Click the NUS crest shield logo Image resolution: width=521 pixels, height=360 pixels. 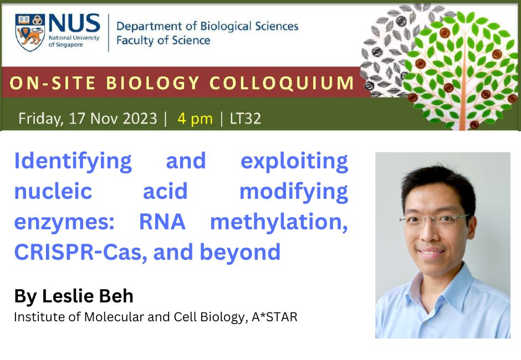(29, 32)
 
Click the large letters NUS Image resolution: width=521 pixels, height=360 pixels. (74, 23)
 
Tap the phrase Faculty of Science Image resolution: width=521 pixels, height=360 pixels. (163, 40)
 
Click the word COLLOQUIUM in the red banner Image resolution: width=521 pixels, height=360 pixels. (282, 83)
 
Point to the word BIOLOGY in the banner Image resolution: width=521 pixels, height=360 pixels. (153, 83)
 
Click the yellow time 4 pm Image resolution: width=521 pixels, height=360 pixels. (195, 119)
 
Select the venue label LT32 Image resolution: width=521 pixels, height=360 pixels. (246, 119)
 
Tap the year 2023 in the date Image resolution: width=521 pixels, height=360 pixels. (140, 119)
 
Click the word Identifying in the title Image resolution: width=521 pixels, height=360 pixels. (73, 162)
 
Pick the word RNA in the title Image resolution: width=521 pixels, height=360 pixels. (162, 222)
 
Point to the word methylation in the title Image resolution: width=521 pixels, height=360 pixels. (279, 223)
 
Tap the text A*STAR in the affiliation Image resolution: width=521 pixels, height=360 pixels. (274, 317)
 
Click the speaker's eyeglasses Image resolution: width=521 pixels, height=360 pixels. (435, 220)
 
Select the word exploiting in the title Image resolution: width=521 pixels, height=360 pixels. (294, 162)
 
